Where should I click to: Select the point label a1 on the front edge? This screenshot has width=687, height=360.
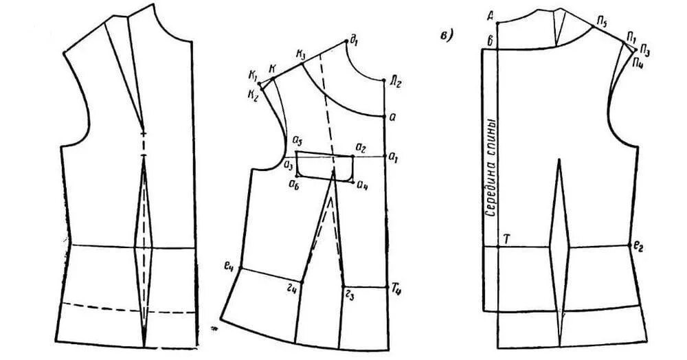point(394,157)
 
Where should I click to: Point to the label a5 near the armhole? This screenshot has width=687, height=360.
point(298,142)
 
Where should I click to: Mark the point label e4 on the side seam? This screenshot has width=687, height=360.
point(229,265)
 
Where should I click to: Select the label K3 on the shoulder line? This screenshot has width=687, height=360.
point(301,52)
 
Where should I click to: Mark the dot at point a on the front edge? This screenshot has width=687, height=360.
point(383,115)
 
